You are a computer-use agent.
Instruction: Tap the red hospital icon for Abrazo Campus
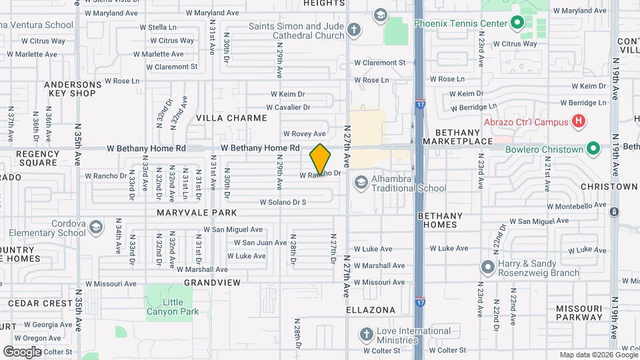click(x=579, y=121)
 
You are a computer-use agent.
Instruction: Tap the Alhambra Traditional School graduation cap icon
click(x=361, y=182)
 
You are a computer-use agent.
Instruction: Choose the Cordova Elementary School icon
click(x=96, y=228)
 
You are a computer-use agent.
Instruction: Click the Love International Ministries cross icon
click(x=366, y=334)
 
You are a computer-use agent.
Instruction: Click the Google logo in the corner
click(x=22, y=351)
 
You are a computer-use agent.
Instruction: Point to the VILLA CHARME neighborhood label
click(x=231, y=118)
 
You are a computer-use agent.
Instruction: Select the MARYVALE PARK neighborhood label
click(x=197, y=213)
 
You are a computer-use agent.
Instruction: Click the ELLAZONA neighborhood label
click(x=371, y=311)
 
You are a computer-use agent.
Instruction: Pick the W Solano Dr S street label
click(x=283, y=202)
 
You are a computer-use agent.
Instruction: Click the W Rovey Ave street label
click(x=304, y=133)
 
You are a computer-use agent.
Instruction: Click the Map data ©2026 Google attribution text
click(x=598, y=355)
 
